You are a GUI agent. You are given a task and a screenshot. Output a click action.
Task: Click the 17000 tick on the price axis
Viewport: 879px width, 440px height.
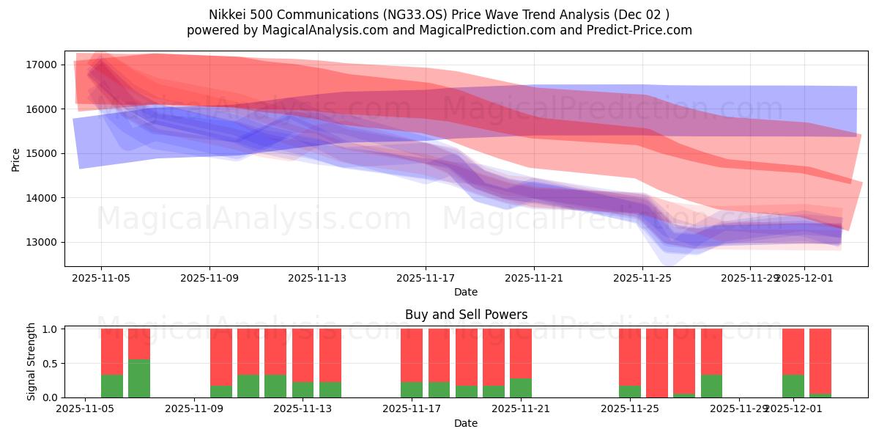[42, 65]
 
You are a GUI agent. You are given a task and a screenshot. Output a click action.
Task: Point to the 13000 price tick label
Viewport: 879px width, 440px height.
[42, 242]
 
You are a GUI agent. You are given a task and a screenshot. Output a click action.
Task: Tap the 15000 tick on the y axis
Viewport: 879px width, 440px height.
[42, 154]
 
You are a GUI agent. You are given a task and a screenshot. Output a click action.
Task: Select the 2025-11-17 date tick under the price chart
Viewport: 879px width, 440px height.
[426, 278]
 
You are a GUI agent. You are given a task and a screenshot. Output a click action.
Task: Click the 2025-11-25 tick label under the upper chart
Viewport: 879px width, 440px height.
[642, 278]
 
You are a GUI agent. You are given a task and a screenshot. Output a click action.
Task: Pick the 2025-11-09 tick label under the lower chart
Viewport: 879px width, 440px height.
[194, 409]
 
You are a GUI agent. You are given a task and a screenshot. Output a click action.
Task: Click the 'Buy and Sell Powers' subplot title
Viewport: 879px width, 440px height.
[466, 315]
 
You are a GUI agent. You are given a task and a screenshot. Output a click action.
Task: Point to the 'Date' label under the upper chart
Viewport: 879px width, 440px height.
[466, 292]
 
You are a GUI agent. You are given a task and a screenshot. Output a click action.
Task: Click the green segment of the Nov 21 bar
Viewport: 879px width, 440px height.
[521, 388]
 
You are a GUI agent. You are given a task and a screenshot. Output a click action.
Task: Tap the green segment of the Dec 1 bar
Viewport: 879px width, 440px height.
[793, 386]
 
